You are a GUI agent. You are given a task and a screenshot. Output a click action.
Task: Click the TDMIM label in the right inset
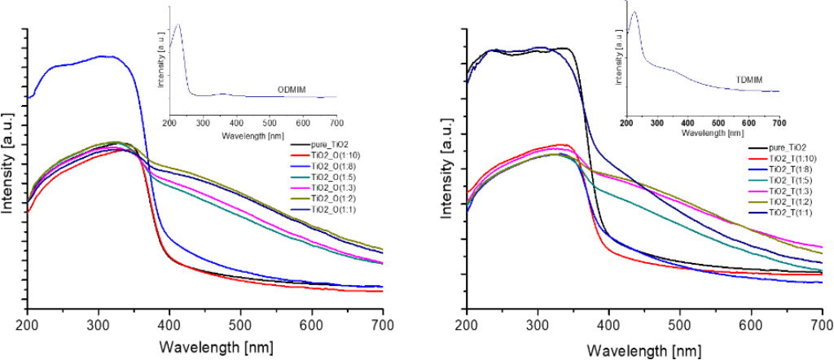point(736,81)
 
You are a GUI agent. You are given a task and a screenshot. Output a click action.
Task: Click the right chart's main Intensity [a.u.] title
point(447,173)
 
